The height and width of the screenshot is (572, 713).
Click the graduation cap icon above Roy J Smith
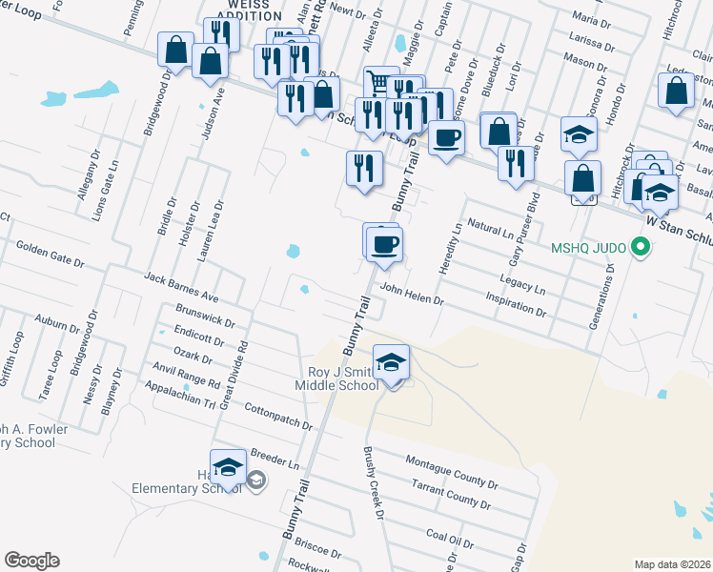pos(391,363)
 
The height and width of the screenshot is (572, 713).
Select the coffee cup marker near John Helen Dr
pos(385,244)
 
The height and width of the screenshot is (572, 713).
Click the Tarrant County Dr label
pos(452,492)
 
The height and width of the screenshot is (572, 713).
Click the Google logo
pos(31,560)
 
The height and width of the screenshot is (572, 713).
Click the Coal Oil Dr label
pos(450,539)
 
